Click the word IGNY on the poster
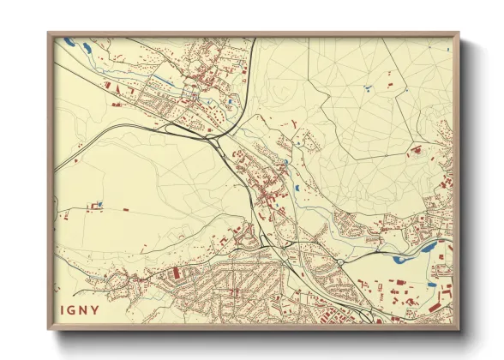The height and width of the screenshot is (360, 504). click(81, 309)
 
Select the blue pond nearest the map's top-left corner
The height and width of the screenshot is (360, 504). click(69, 40)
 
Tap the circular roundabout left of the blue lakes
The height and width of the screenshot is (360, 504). click(340, 261)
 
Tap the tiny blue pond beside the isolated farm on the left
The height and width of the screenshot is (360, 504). click(100, 203)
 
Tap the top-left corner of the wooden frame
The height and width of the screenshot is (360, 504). click(50, 35)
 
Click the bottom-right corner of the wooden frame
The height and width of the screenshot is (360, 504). click(458, 328)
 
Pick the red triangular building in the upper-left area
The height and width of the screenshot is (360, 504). click(110, 86)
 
